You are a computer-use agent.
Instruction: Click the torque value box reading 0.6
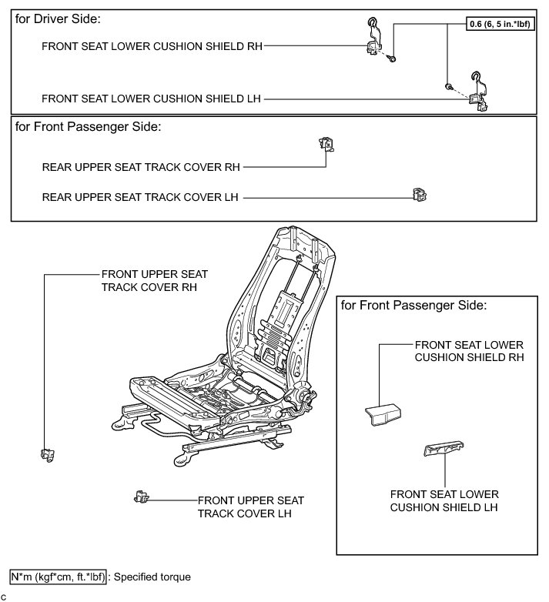503,24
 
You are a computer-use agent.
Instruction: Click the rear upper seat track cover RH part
326,144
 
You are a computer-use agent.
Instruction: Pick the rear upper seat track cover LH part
419,196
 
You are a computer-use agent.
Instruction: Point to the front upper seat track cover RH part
46,455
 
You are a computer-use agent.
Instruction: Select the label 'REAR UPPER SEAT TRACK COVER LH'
141,197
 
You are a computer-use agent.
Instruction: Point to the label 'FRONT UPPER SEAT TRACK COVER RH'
154,280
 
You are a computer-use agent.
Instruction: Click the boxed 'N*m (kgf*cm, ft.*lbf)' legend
59,576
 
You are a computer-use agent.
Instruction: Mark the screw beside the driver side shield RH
393,58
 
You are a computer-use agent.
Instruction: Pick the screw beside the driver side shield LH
448,87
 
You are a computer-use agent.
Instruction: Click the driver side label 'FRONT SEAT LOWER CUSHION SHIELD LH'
152,99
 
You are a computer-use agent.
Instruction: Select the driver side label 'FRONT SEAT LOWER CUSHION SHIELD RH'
152,45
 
